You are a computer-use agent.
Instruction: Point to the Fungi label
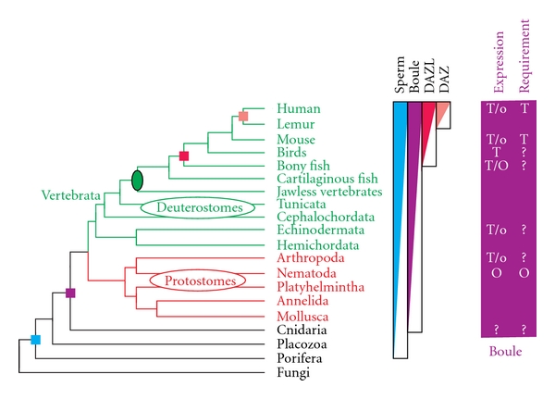pos(292,373)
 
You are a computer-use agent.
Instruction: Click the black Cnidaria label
pos(299,330)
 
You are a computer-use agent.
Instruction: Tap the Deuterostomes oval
pos(198,208)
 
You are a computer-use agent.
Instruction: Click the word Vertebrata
pos(70,196)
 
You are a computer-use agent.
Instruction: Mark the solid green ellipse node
pos(138,180)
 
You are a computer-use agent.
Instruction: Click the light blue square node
pos(36,340)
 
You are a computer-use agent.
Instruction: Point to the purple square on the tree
pos(71,293)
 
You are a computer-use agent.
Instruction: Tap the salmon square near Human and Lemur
pos(243,116)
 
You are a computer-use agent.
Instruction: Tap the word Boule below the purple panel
pos(505,352)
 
